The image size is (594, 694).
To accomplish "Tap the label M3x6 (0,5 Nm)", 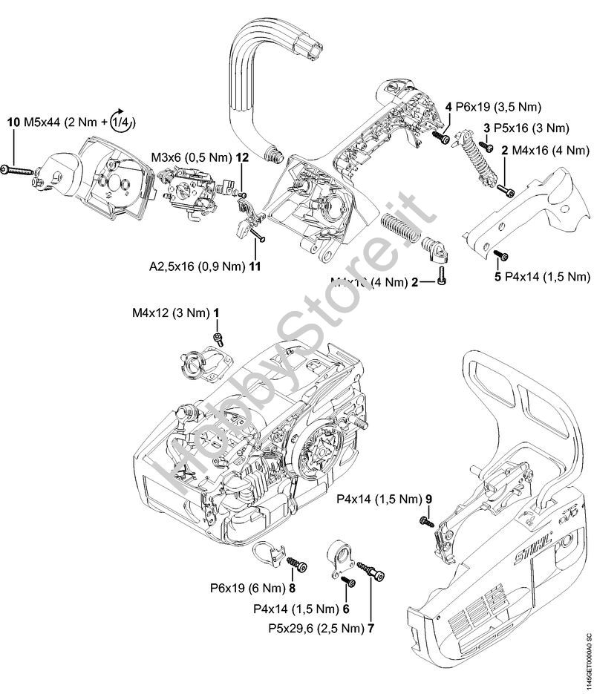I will [x=191, y=157].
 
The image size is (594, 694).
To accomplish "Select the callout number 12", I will [x=243, y=157].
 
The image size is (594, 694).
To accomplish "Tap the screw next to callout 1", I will [x=219, y=338].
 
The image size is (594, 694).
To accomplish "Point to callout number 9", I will [x=428, y=498].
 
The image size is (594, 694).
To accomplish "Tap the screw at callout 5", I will [x=500, y=256].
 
